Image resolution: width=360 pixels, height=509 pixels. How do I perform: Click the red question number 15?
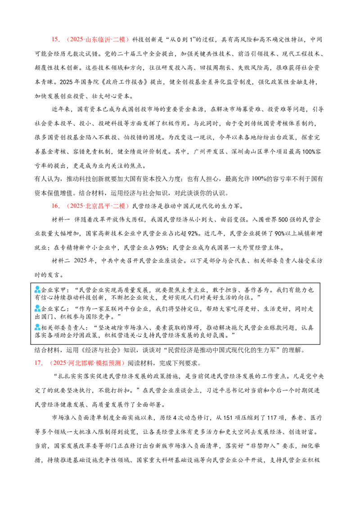tap(56, 40)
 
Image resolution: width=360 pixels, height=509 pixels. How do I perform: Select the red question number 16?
tap(56, 206)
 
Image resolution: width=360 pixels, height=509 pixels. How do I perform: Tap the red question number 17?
tap(39, 363)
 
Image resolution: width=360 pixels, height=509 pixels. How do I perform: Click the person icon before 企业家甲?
tap(38, 289)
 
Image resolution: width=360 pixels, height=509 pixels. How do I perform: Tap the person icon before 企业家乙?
tap(38, 308)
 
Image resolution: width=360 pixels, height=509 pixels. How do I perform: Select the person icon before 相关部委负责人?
tap(38, 327)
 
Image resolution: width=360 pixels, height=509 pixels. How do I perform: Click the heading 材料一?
tap(61, 220)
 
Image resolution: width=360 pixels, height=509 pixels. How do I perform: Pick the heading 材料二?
tap(61, 261)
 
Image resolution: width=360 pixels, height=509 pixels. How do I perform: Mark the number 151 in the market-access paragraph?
tap(228, 418)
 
